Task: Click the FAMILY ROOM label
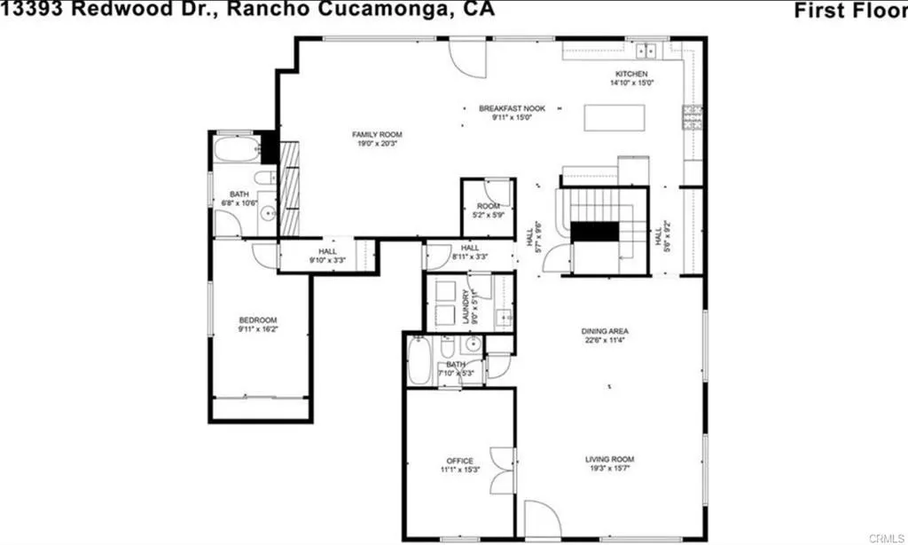[x=372, y=134]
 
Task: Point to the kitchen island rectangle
[x=615, y=117]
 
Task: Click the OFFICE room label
[x=459, y=461]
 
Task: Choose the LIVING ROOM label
[x=609, y=459]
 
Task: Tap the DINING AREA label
[x=606, y=331]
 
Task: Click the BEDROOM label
[x=257, y=320]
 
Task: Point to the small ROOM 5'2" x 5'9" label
[x=488, y=206]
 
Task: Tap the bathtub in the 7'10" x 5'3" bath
[x=419, y=361]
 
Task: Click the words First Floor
[x=849, y=11]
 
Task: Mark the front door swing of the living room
[x=539, y=519]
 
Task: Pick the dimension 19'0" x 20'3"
[x=372, y=143]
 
